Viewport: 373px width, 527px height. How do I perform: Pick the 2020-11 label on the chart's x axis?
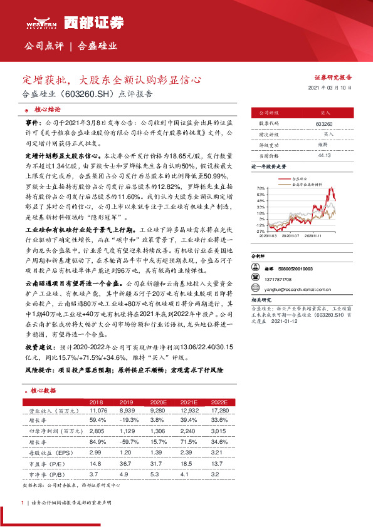coord(322,237)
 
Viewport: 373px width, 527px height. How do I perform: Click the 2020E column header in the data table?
coord(159,401)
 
